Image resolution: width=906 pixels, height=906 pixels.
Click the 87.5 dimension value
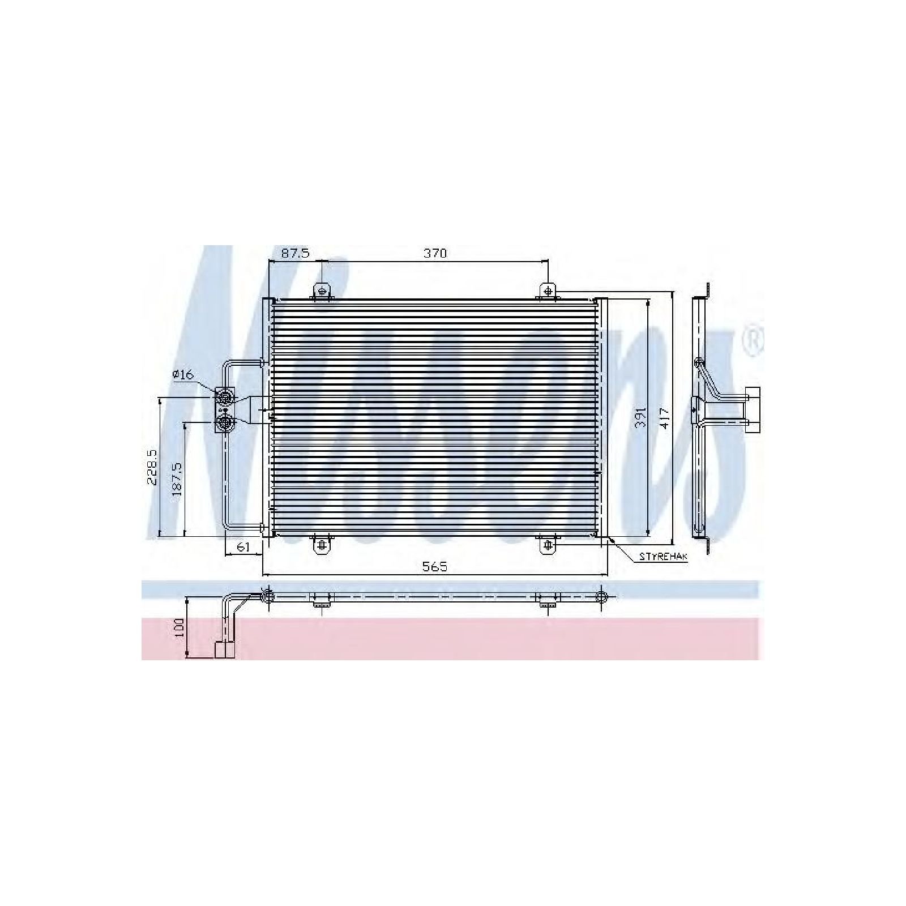[x=296, y=253]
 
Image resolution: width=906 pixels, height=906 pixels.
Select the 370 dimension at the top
[x=435, y=253]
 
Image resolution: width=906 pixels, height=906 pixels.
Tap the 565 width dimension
[x=435, y=566]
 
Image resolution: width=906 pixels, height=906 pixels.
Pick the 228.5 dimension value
[x=152, y=467]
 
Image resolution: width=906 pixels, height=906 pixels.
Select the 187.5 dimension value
[x=177, y=479]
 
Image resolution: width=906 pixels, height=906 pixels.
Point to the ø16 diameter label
[x=183, y=374]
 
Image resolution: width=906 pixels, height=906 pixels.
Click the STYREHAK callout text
[x=663, y=557]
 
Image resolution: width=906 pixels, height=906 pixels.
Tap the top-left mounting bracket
[x=322, y=291]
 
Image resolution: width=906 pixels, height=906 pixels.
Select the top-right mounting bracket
[x=548, y=291]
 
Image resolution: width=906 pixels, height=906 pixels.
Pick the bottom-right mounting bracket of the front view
[x=548, y=545]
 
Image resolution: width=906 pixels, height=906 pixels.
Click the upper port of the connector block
[x=225, y=397]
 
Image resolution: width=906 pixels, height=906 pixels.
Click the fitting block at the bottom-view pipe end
[x=224, y=649]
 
